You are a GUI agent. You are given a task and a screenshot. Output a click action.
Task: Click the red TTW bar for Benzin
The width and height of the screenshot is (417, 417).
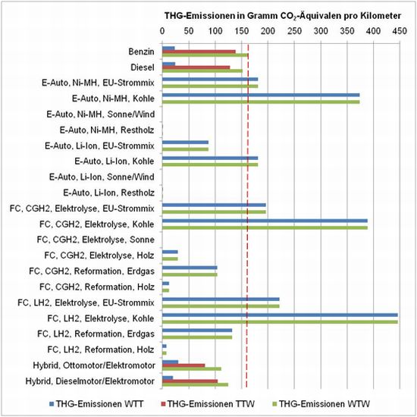pos(199,52)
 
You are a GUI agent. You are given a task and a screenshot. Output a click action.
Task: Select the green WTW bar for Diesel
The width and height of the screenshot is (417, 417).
pos(202,71)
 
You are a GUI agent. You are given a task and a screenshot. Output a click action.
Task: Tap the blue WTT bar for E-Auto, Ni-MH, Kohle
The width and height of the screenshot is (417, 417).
pos(261,95)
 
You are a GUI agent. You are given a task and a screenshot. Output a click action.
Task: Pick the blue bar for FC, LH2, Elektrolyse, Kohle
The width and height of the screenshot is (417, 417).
pos(280,315)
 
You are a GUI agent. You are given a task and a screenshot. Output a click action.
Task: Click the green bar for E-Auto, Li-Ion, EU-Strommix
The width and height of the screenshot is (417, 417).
pos(185,149)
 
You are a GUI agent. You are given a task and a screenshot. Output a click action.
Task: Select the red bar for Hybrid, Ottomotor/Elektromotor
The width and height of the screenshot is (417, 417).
pos(183,365)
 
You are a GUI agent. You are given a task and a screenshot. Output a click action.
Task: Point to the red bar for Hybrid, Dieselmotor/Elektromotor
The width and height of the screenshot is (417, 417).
pos(190,381)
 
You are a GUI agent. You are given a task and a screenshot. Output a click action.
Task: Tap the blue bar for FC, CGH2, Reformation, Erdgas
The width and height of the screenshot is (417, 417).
pos(190,268)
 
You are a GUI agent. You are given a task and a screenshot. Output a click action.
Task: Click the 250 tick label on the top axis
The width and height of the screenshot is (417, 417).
pos(294,31)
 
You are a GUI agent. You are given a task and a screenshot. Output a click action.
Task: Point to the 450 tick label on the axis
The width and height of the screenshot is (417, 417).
pos(400,31)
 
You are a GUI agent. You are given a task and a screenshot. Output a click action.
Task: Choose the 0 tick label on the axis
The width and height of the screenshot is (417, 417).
pos(162,31)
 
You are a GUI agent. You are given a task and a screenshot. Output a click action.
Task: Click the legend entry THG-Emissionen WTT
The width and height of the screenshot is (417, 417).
pos(96,404)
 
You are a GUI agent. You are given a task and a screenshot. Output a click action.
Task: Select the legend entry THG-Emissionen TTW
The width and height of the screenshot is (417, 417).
pos(208,404)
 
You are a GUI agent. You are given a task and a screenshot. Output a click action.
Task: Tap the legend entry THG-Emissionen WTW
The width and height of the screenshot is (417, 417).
pos(321,404)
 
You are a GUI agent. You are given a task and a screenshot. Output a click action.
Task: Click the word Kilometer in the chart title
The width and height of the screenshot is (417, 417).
pos(381,16)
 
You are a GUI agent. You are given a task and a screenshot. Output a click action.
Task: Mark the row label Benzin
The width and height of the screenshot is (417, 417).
pos(141,52)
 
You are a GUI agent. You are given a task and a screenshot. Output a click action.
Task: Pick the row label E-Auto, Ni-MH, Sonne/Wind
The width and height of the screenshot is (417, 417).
pos(101,114)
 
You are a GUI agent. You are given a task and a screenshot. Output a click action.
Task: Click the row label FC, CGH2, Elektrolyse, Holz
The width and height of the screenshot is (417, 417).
pos(99,256)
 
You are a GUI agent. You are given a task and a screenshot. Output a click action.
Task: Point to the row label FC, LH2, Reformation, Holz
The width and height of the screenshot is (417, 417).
pos(101,350)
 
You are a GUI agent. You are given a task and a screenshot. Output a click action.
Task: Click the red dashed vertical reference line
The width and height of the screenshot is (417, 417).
pos(247,215)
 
